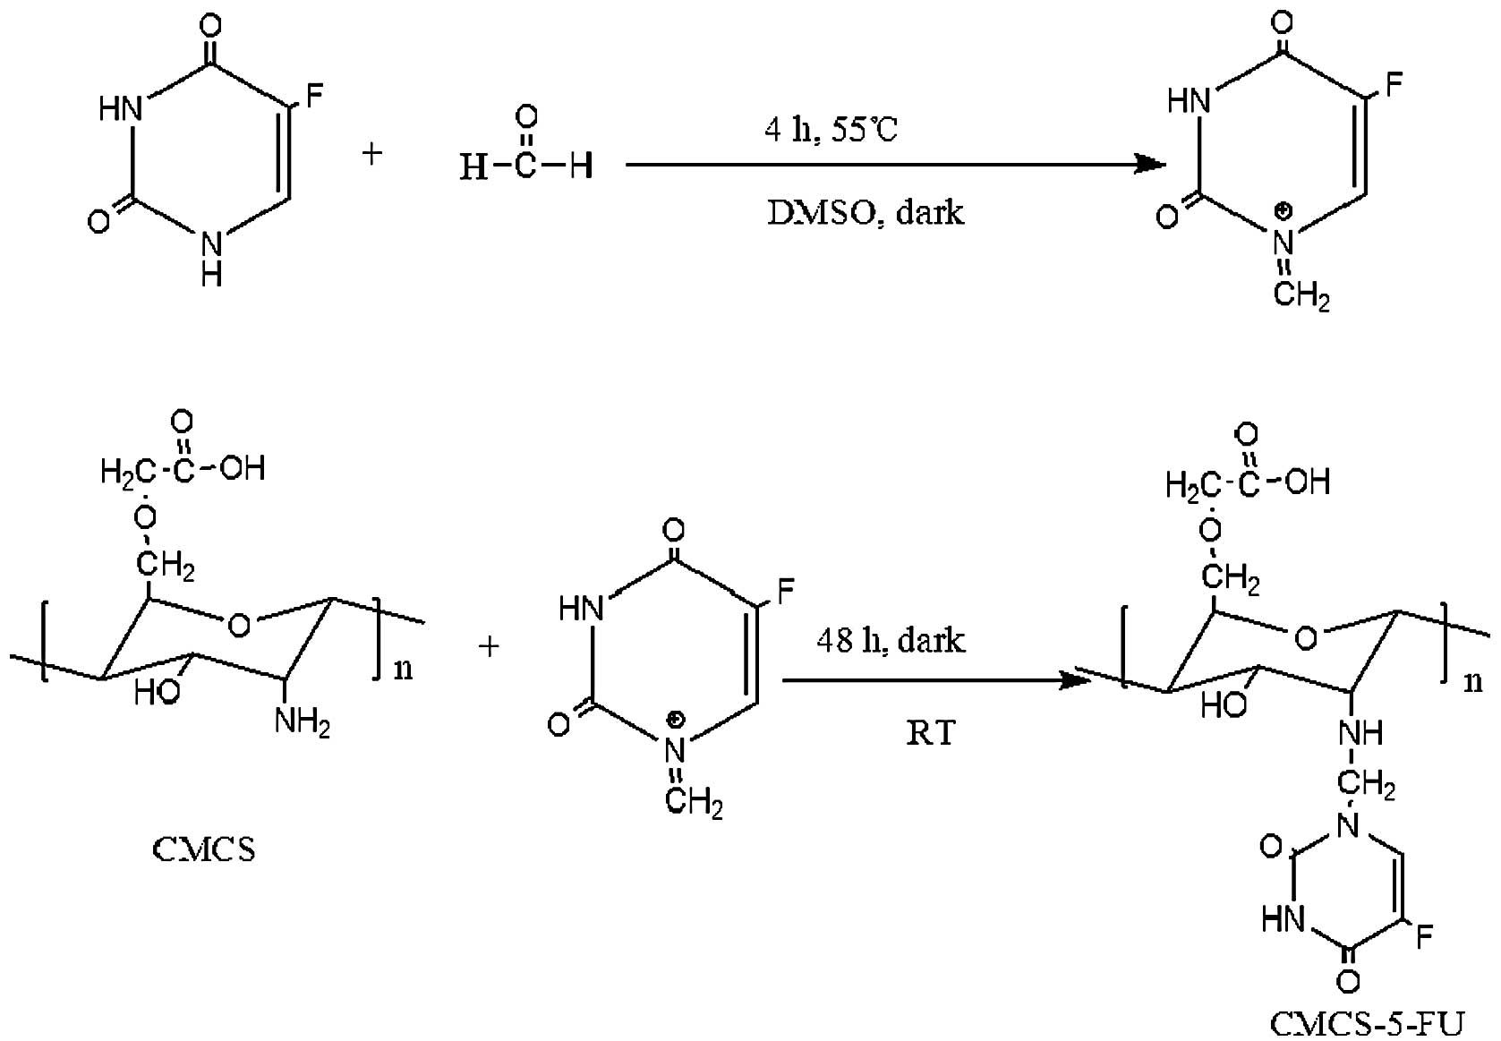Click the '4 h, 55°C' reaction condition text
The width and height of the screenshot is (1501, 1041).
click(831, 131)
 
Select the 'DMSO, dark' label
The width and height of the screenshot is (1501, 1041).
click(866, 212)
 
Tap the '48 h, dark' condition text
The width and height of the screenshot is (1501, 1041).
click(891, 641)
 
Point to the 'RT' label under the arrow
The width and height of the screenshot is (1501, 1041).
click(931, 733)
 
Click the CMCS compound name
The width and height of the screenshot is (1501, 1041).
click(204, 849)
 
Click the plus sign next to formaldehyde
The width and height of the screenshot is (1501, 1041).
click(372, 154)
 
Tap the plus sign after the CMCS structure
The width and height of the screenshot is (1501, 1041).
click(489, 645)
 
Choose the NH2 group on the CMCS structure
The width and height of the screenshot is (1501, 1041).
click(303, 721)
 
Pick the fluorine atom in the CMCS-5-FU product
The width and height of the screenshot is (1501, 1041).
click(1423, 936)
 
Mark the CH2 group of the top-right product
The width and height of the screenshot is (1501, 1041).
click(1301, 296)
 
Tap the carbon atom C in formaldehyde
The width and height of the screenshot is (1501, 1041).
click(526, 166)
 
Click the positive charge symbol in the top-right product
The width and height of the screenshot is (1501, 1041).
click(1284, 211)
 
